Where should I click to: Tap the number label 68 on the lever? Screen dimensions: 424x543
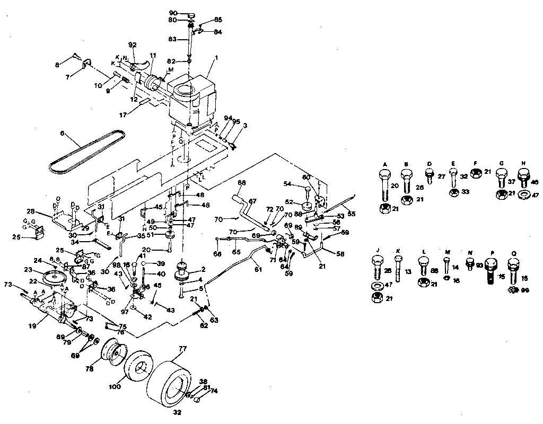point(242,183)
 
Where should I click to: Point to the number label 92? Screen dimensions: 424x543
point(133,45)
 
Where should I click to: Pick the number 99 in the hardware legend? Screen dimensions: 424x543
point(526,290)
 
